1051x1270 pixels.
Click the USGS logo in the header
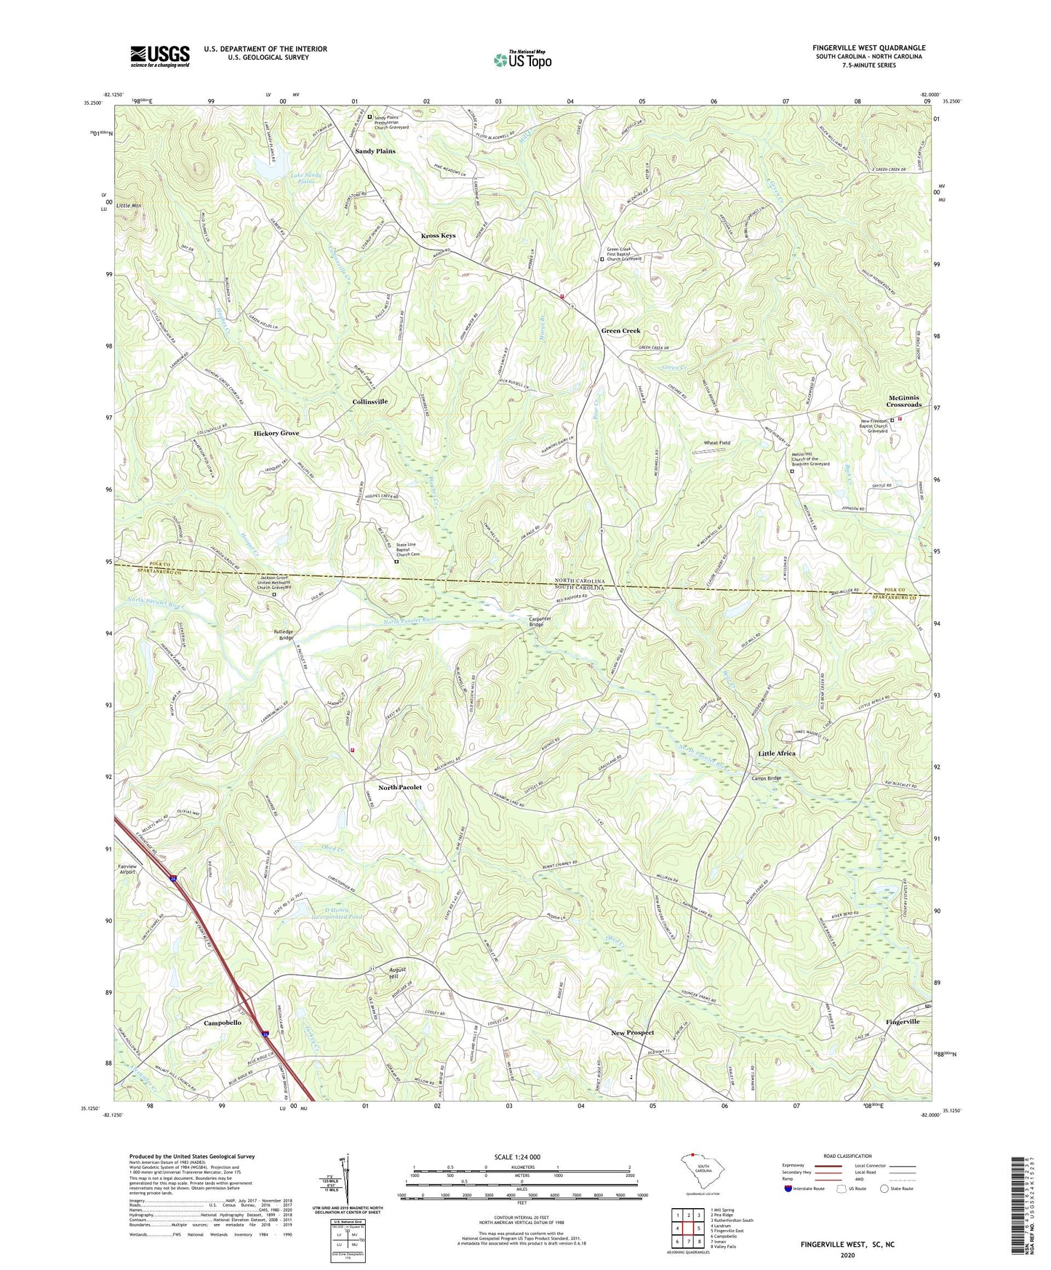point(160,56)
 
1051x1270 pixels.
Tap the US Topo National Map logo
point(522,59)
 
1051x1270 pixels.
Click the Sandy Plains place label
point(375,151)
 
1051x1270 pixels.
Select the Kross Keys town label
point(439,236)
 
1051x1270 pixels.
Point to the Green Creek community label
point(620,331)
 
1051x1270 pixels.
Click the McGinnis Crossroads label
point(904,401)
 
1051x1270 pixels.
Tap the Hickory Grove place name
point(276,434)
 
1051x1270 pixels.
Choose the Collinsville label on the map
point(370,402)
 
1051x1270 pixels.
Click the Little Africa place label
point(777,754)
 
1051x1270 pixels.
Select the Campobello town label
point(223,1023)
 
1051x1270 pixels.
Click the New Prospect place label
point(632,1033)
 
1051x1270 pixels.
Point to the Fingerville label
point(903,1022)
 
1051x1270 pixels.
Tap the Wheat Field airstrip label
point(716,442)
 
